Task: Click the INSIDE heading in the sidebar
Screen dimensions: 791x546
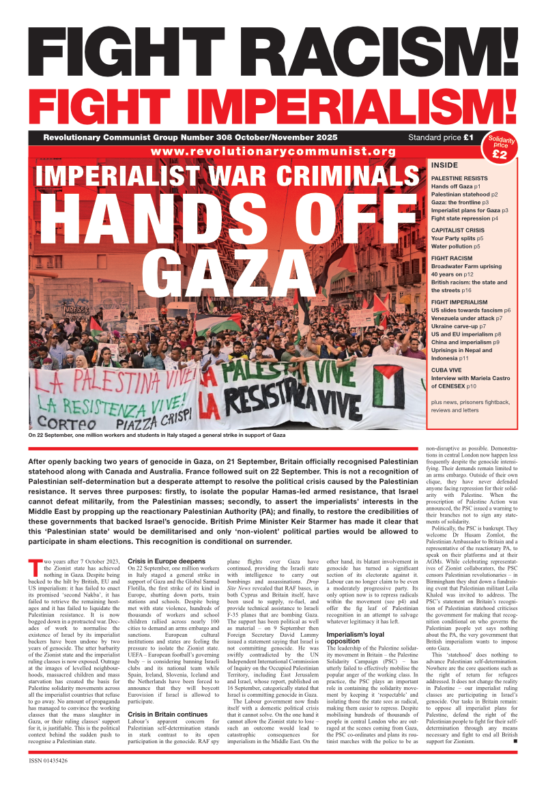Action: tap(444, 165)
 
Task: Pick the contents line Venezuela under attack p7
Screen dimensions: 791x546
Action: tap(467, 318)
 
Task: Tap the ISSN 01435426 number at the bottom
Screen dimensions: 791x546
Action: tap(49, 760)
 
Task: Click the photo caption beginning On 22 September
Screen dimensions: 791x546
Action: tap(157, 434)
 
